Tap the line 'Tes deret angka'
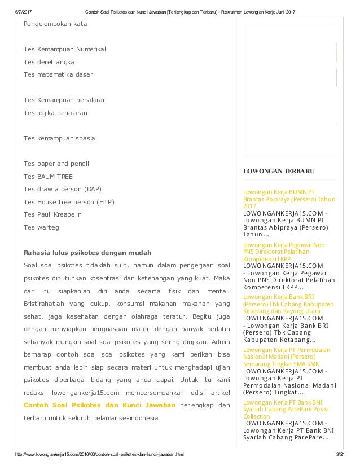click(x=49, y=61)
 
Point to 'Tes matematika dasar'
click(x=58, y=74)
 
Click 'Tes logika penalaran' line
click(x=55, y=113)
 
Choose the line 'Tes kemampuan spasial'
click(x=60, y=138)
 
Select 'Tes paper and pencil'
click(x=56, y=163)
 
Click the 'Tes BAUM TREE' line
click(x=47, y=176)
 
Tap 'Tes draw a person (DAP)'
click(x=63, y=188)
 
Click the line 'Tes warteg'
click(x=41, y=227)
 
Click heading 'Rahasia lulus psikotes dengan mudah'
click(x=87, y=252)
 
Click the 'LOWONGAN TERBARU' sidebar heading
click(x=279, y=171)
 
